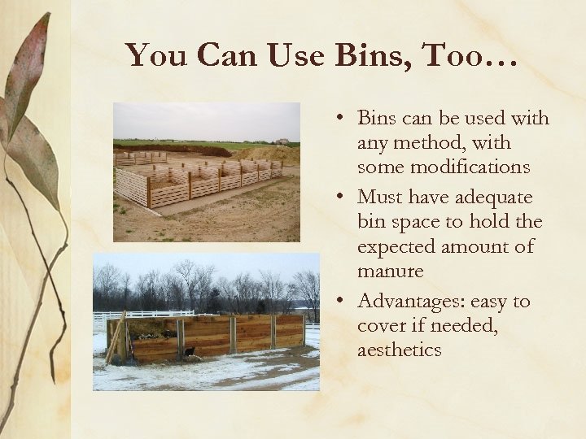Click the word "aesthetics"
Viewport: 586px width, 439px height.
point(399,350)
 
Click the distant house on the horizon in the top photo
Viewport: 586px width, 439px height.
point(282,141)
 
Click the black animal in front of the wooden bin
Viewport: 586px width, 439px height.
point(188,352)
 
